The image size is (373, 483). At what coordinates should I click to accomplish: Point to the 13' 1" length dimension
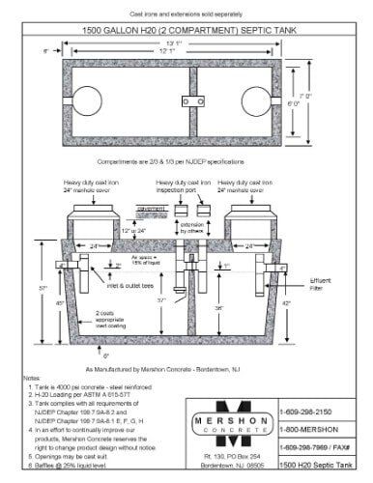coord(184,43)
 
